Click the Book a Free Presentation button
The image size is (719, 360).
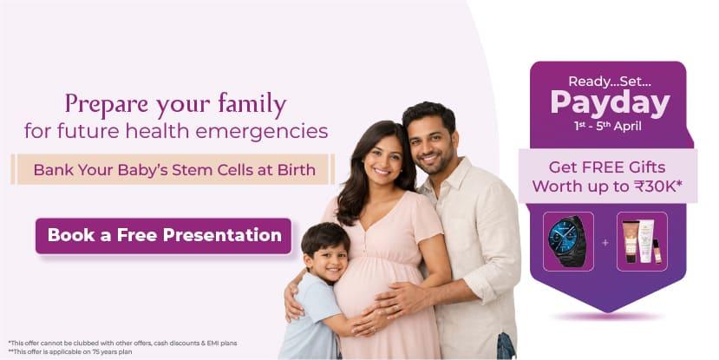[163, 236]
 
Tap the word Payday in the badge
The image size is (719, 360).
[610, 103]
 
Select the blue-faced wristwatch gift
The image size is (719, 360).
[568, 241]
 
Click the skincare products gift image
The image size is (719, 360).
[642, 241]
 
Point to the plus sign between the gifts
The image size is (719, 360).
[605, 242]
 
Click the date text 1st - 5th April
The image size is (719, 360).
[608, 126]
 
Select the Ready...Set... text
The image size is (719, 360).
[610, 82]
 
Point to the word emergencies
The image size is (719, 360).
[261, 131]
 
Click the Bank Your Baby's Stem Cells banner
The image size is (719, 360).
[173, 170]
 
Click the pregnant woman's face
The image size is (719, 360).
[382, 158]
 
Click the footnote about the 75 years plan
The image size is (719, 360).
[70, 351]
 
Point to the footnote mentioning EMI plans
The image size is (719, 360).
[122, 343]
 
